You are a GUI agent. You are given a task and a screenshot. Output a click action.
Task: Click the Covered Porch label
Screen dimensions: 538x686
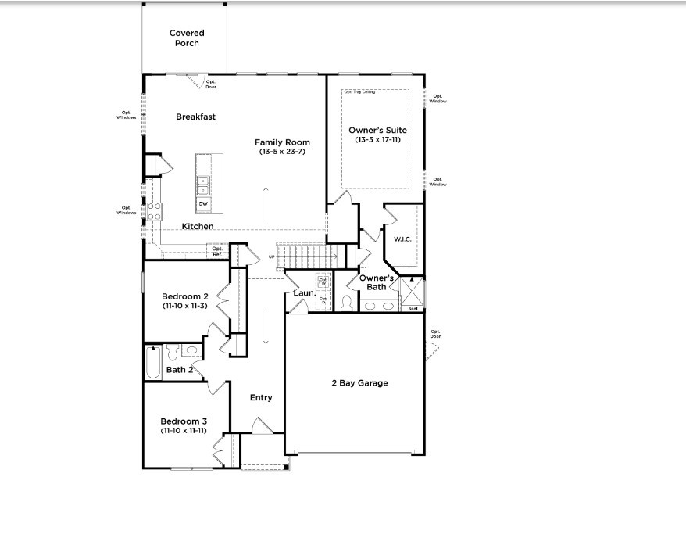tap(187, 38)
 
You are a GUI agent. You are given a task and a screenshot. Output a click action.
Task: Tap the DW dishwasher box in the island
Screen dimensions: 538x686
tap(203, 204)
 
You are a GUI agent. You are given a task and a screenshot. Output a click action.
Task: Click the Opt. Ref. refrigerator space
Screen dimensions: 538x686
tap(217, 251)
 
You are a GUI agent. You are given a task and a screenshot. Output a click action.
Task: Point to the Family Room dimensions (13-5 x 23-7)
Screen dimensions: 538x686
tap(282, 152)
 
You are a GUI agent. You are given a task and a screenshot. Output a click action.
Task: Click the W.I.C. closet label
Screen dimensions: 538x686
tap(402, 239)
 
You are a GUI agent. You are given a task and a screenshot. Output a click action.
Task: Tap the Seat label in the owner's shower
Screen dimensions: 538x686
tap(413, 308)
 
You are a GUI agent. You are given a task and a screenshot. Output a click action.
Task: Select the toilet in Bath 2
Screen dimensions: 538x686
tap(173, 352)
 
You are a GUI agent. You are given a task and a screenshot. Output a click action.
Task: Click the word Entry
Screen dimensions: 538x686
tap(261, 398)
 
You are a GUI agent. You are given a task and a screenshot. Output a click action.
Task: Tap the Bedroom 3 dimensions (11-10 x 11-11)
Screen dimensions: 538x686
tap(184, 431)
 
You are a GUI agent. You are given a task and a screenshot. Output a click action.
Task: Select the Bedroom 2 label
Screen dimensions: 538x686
tap(184, 296)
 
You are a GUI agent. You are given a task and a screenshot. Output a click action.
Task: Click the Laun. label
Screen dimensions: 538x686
tap(304, 293)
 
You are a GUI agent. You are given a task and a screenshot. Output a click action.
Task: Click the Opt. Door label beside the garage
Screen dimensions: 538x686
tap(435, 333)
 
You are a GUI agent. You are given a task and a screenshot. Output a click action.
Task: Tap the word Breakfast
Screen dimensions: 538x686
tap(195, 117)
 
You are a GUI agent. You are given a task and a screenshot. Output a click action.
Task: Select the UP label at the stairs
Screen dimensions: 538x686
tap(271, 256)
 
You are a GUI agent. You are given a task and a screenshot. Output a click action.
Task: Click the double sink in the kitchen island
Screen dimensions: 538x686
tap(203, 185)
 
